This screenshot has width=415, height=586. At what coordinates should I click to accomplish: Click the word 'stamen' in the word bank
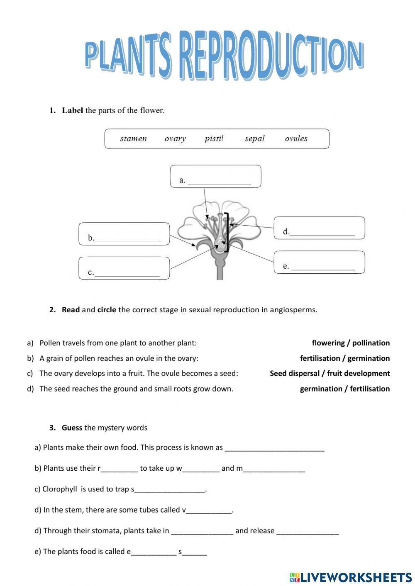click(133, 139)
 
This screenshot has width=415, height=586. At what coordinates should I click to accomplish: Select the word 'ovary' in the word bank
click(175, 139)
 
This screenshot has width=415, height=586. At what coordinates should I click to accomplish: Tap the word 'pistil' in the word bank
click(214, 139)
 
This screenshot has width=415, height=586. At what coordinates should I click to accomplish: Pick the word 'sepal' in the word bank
click(254, 139)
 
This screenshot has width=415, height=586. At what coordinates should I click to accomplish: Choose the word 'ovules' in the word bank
click(296, 139)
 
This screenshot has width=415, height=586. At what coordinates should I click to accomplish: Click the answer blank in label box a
click(219, 180)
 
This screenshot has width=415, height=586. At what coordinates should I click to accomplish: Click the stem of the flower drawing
click(220, 270)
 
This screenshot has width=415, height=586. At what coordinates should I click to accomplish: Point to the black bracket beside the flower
click(227, 232)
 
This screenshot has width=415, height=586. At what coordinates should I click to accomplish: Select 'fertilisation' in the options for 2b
click(320, 358)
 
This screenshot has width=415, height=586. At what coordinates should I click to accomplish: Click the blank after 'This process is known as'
click(274, 448)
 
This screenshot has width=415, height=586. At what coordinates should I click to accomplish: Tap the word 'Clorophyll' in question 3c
click(60, 489)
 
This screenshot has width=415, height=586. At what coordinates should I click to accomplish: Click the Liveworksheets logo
click(350, 577)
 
